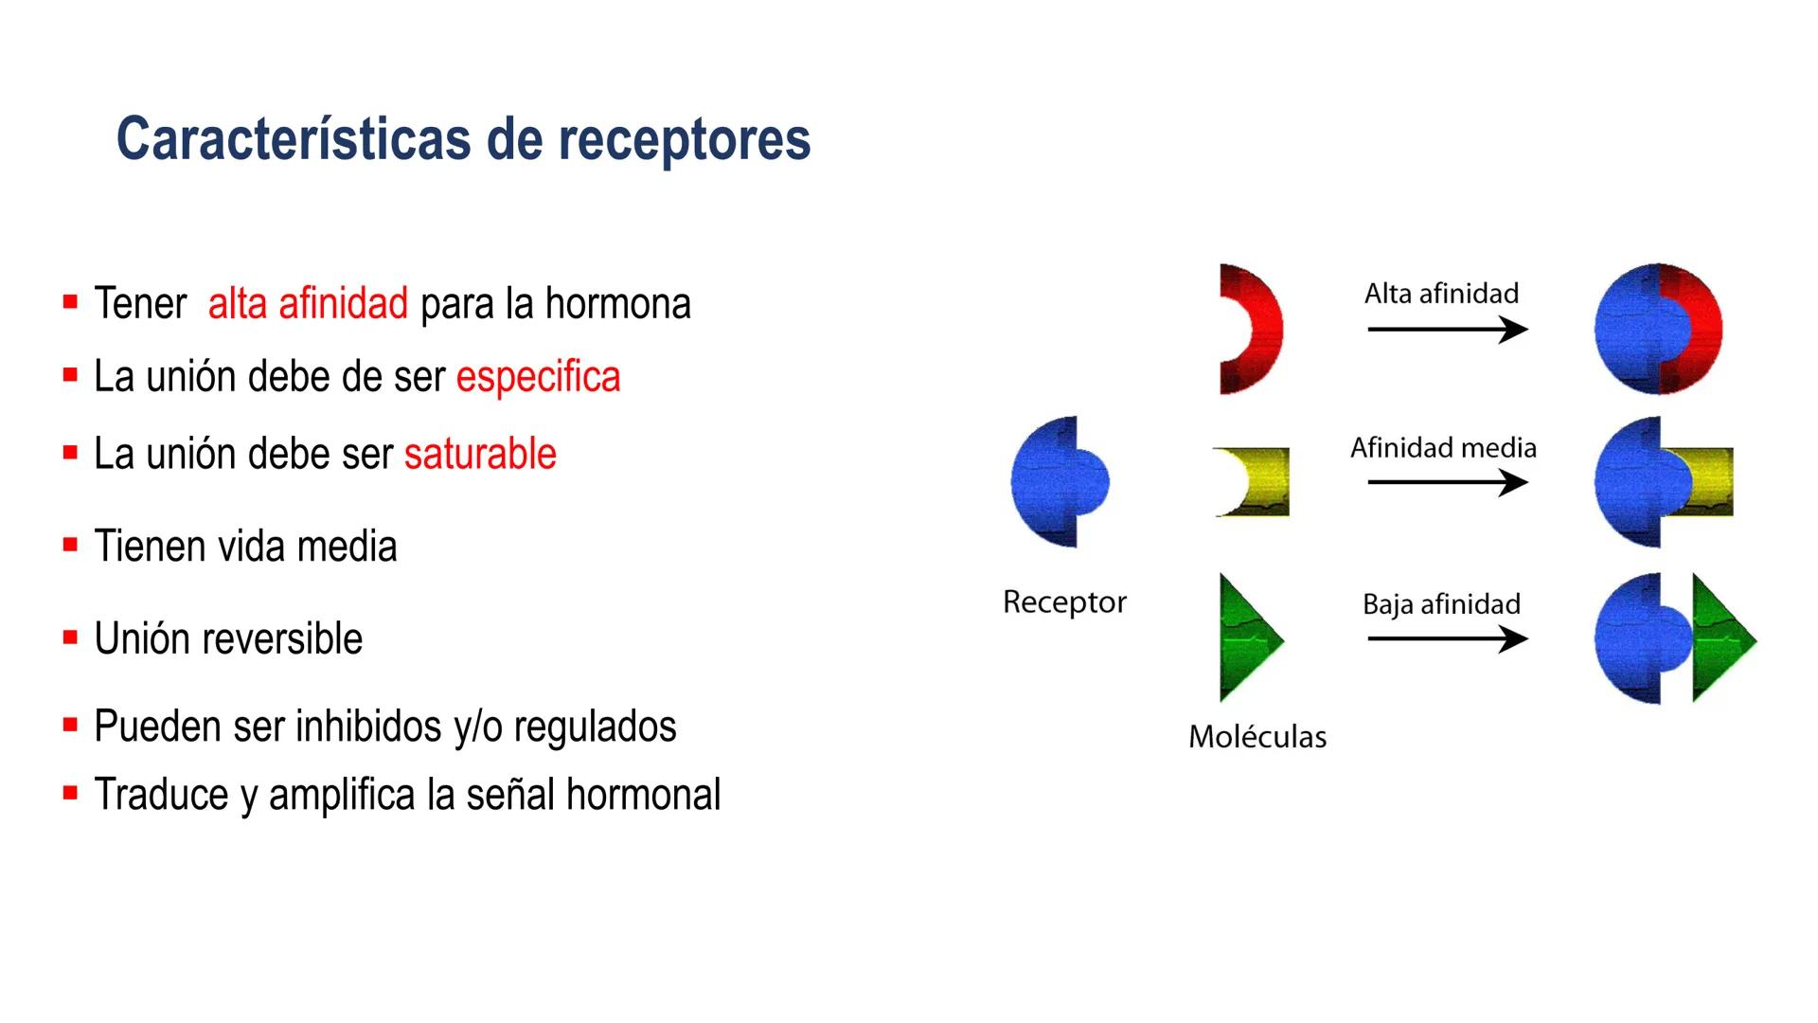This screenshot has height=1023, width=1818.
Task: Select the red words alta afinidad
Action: point(308,304)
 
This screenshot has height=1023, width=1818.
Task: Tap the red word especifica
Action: point(538,377)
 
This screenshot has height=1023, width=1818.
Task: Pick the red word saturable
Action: point(480,454)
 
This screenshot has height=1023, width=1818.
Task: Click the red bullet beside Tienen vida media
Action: point(70,545)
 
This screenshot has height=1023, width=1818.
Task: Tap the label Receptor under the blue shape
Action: point(1064,601)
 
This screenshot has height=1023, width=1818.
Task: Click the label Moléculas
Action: point(1257,736)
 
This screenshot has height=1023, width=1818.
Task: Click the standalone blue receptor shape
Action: point(1056,481)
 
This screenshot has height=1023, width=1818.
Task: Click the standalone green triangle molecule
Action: point(1245,638)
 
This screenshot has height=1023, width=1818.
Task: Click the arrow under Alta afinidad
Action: point(1447,330)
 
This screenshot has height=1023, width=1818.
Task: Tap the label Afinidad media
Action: point(1443,447)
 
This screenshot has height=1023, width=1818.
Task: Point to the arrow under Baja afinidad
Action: point(1447,639)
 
